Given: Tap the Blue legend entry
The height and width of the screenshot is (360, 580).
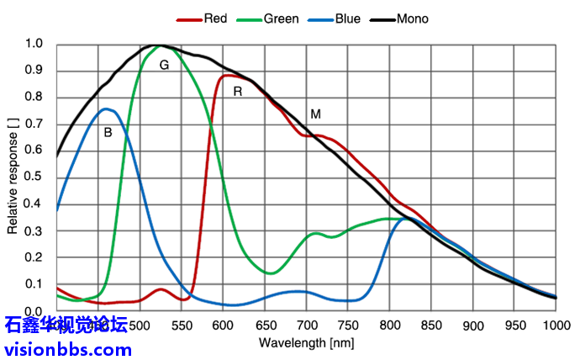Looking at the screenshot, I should (x=345, y=19).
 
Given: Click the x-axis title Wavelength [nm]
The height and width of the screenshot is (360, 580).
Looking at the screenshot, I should (x=305, y=343).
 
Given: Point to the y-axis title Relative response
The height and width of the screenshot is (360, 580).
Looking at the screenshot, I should (x=13, y=177).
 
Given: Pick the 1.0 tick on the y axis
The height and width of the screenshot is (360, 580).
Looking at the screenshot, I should (x=34, y=44).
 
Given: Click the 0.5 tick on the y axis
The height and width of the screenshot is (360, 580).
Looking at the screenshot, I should (x=34, y=177).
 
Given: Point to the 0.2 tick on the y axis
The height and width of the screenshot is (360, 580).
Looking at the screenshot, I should (x=34, y=257).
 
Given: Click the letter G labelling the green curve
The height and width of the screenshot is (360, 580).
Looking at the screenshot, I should (x=164, y=65).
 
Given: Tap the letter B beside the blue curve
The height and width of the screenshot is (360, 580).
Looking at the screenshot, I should (x=108, y=132).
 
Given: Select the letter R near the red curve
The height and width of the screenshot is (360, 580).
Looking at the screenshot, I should (x=238, y=91).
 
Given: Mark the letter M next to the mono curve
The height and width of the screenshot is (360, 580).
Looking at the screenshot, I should (x=315, y=114).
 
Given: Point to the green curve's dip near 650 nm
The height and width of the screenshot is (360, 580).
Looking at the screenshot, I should (x=271, y=273).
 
